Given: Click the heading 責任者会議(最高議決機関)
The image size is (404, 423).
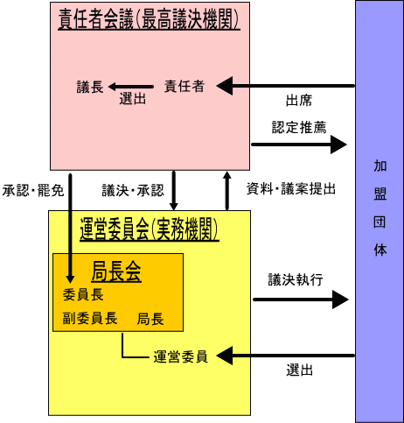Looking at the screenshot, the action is (x=149, y=19).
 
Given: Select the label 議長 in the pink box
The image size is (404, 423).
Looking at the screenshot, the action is (x=90, y=87).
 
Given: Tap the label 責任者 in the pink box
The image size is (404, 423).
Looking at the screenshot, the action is (x=185, y=87).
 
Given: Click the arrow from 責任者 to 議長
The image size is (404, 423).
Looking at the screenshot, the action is (x=131, y=87).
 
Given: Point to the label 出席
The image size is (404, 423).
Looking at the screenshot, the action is (x=299, y=101).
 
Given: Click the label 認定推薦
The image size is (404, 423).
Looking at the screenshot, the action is (x=299, y=127).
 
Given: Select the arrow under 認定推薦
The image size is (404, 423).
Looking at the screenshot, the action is (x=299, y=145).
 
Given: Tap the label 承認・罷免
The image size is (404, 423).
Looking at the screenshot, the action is (x=33, y=191).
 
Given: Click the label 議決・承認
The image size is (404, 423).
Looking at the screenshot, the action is (x=133, y=190).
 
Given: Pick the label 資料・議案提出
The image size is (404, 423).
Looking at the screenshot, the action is (x=291, y=188).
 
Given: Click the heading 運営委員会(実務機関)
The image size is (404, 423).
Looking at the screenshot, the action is (x=150, y=229).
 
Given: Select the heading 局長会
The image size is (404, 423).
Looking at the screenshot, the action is (x=116, y=271).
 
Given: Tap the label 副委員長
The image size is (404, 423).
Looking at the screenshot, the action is (x=90, y=318).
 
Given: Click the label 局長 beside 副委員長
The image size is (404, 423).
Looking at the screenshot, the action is (x=150, y=319).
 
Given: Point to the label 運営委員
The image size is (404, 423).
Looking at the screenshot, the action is (x=180, y=356).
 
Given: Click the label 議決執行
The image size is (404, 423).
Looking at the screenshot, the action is (x=296, y=279).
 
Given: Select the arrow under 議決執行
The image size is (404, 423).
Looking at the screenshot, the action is (x=301, y=300).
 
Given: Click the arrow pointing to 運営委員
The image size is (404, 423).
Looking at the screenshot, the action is (x=286, y=356).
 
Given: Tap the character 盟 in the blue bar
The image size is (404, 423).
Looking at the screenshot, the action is (x=380, y=194).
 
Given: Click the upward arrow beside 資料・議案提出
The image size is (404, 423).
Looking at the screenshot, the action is (x=227, y=191).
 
